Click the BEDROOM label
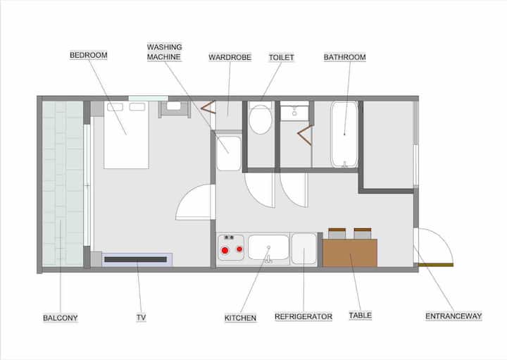pyautogui.click(x=89, y=56)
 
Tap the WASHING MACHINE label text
pyautogui.click(x=165, y=52)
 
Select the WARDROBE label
pyautogui.click(x=230, y=57)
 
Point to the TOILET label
pyautogui.click(x=281, y=58)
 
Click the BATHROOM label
pyautogui.click(x=344, y=57)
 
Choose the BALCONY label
pyautogui.click(x=61, y=318)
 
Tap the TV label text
pyautogui.click(x=141, y=318)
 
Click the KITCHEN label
pyautogui.click(x=240, y=318)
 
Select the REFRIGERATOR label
pyautogui.click(x=303, y=316)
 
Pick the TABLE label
pyautogui.click(x=361, y=316)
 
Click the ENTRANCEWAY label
pyautogui.click(x=453, y=316)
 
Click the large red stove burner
pyautogui.click(x=225, y=250)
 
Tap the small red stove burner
pyautogui.click(x=239, y=249)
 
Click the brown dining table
pyautogui.click(x=350, y=253)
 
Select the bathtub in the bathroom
pyautogui.click(x=344, y=135)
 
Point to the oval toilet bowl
pyautogui.click(x=261, y=119)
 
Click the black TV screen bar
pyautogui.click(x=136, y=259)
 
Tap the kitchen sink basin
pyautogui.click(x=268, y=247)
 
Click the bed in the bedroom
pyautogui.click(x=126, y=135)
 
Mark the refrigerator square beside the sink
pyautogui.click(x=304, y=249)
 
